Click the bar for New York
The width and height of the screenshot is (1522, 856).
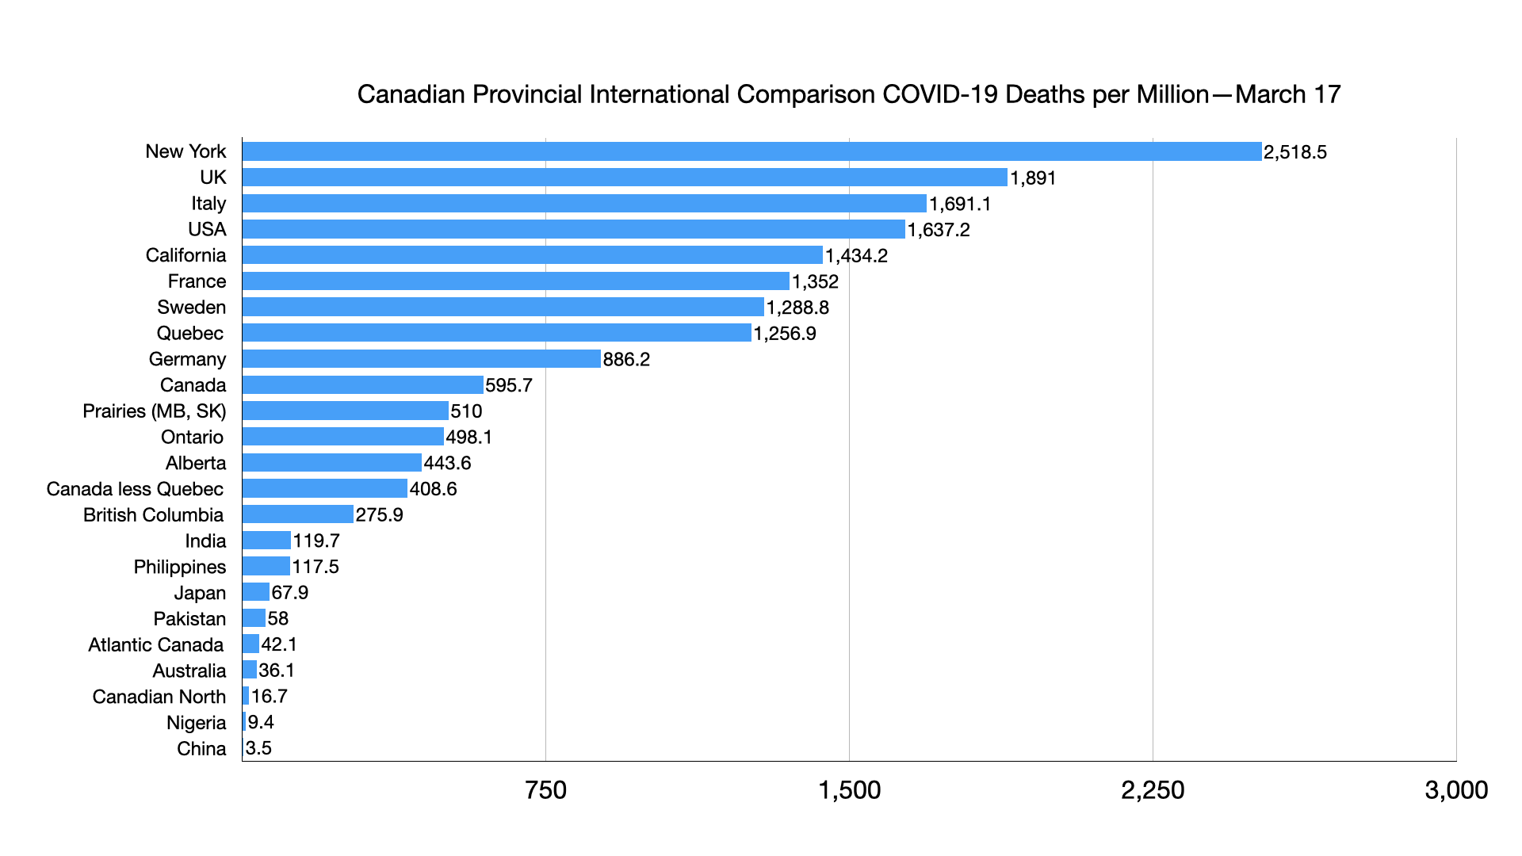pos(751,151)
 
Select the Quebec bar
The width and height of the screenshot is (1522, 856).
pos(496,333)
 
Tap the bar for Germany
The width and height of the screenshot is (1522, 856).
pos(421,359)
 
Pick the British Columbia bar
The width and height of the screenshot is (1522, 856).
pos(297,514)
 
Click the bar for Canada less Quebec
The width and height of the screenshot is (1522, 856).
pos(324,488)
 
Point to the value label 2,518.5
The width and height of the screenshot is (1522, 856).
pos(1294,152)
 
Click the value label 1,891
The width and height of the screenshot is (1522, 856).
pos(1033,178)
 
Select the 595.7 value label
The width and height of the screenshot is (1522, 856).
pos(509,385)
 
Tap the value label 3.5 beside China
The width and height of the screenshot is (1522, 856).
pos(258,748)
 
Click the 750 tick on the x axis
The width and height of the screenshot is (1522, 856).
pos(545,790)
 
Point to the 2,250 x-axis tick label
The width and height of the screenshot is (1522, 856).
pos(1153,790)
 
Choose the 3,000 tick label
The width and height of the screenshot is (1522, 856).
pos(1456,790)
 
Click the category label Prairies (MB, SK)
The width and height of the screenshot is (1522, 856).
pos(154,411)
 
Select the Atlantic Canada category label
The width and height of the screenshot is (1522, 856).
pos(155,645)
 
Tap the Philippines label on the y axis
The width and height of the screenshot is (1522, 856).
pos(179,567)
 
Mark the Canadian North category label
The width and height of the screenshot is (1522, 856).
pos(159,697)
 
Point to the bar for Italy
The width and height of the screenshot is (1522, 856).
pos(584,204)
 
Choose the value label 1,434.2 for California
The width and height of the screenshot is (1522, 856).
pos(856,256)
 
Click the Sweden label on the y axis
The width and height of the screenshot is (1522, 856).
pos(191,308)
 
